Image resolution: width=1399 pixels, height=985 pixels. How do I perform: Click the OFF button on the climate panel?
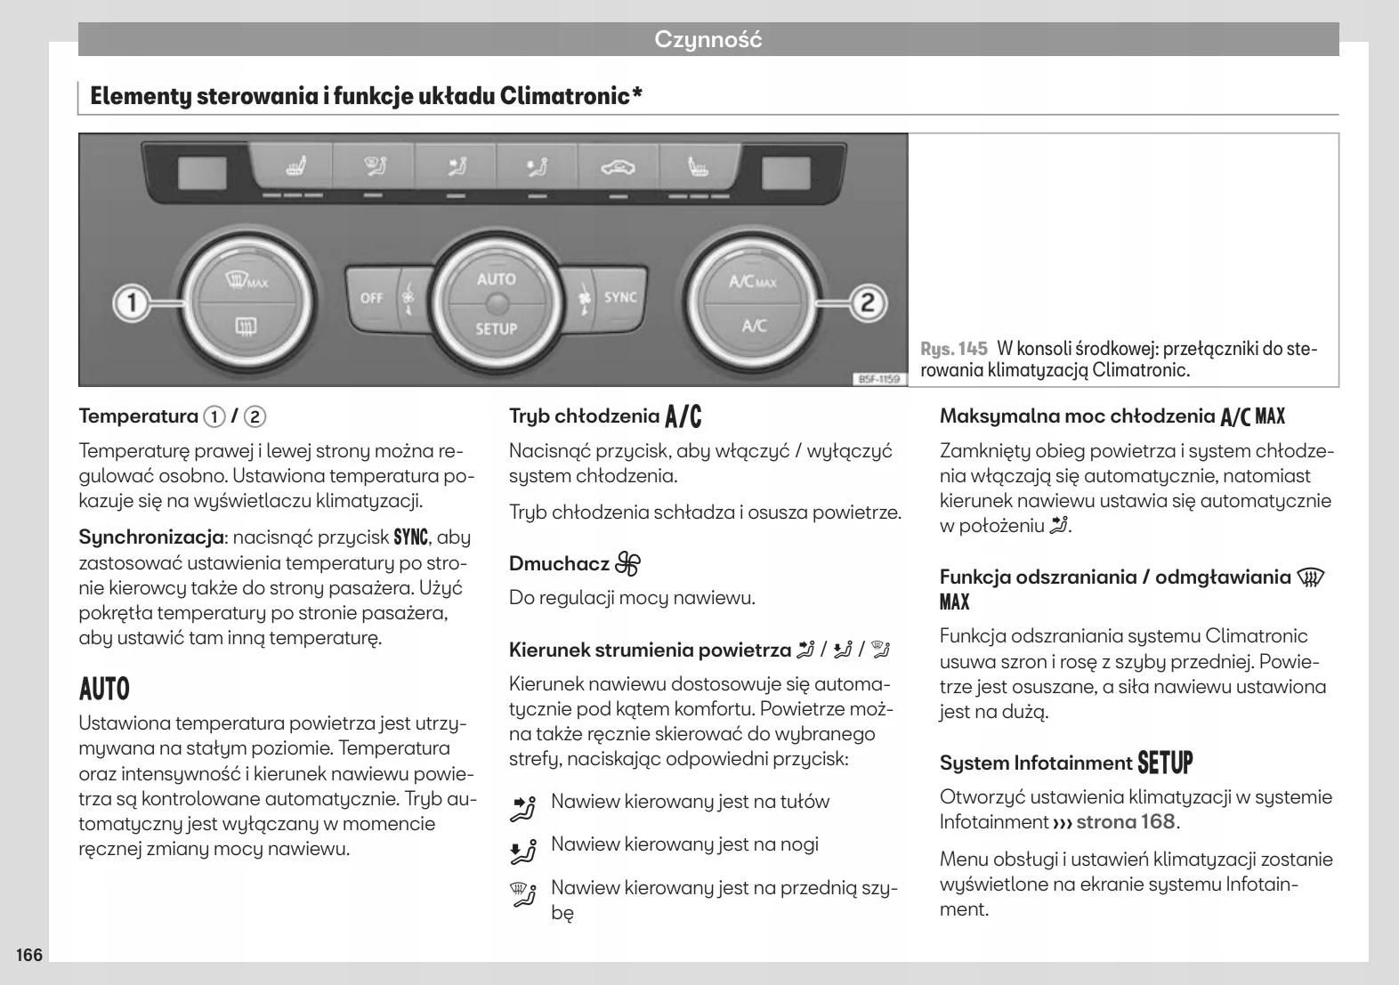tap(371, 298)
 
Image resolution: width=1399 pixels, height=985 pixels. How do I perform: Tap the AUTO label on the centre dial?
tap(496, 279)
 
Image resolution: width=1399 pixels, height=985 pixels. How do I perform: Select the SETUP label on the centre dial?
tap(496, 328)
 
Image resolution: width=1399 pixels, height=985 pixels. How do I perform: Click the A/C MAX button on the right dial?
tap(753, 281)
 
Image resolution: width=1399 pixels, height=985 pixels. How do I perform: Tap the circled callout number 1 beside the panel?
tap(133, 303)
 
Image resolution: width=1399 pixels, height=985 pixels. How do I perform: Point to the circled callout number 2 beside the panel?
tap(868, 303)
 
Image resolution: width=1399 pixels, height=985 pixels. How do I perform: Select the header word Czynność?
tap(708, 39)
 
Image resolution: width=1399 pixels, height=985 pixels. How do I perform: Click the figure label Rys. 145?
tap(954, 348)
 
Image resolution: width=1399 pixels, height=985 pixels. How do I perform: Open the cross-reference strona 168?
tap(1126, 821)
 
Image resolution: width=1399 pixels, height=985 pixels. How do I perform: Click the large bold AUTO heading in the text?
tap(104, 689)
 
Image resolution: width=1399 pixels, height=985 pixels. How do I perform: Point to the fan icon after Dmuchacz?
tap(627, 563)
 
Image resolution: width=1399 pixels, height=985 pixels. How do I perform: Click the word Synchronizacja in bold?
tap(150, 537)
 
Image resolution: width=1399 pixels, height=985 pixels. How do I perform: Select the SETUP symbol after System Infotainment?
tap(1165, 763)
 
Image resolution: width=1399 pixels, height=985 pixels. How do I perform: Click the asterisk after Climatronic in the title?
tap(637, 93)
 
